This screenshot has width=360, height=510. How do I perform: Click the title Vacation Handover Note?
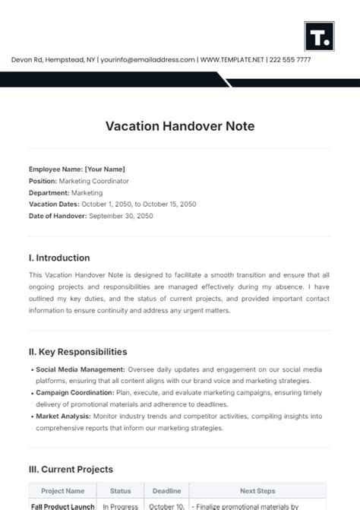180,126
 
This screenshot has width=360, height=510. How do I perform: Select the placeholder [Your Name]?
105,169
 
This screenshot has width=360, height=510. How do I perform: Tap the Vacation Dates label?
54,204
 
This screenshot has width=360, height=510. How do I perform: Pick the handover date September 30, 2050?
121,216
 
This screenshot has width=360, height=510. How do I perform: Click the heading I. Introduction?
59,258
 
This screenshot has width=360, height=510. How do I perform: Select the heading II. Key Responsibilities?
77,352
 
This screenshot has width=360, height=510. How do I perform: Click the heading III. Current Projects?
71,470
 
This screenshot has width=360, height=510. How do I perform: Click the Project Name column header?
64,491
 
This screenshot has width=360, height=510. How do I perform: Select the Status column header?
120,491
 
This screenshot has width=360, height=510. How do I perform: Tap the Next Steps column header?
257,491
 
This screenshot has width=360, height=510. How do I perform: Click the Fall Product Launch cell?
64,506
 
